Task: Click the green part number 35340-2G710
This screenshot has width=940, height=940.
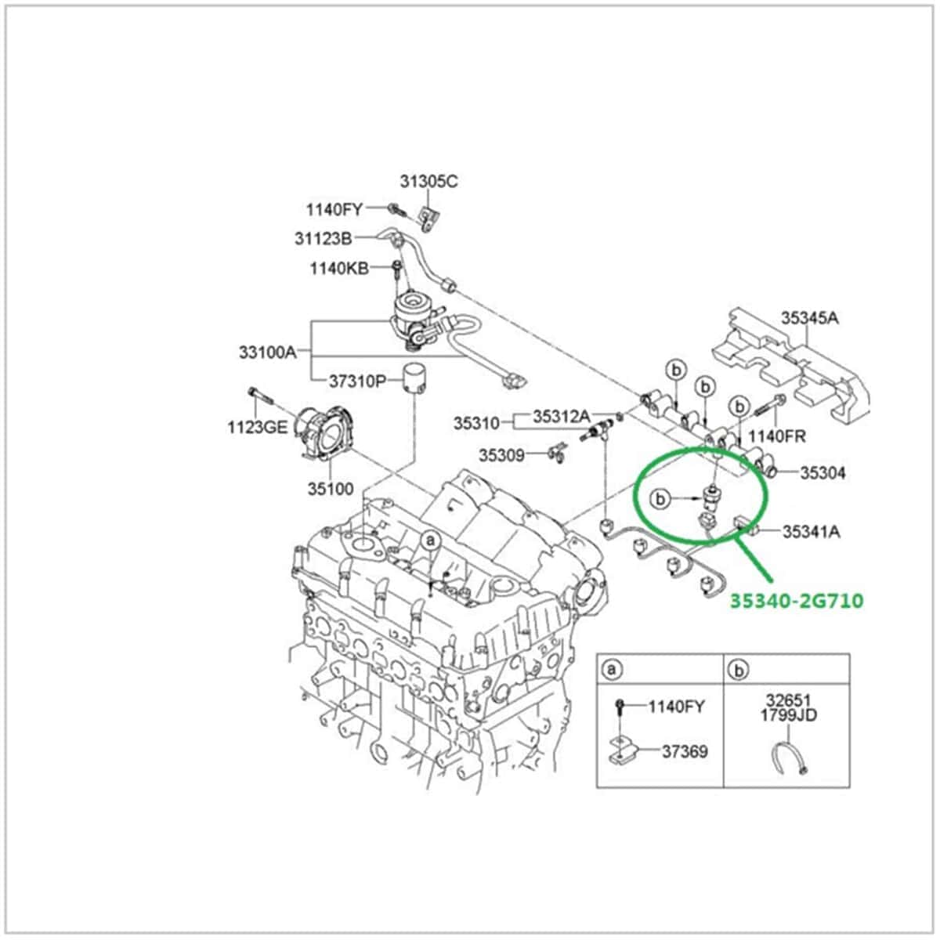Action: click(x=797, y=601)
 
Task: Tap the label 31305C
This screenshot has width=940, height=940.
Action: click(x=428, y=181)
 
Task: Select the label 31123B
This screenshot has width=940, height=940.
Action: click(x=324, y=238)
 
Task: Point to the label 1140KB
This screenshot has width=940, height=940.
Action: click(x=338, y=269)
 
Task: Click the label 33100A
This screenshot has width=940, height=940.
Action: click(x=267, y=352)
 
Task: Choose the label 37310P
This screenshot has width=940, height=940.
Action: click(x=357, y=381)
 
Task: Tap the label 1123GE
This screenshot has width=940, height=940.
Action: click(x=258, y=427)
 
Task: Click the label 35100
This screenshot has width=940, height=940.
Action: click(x=330, y=489)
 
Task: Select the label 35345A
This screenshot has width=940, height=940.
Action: click(x=809, y=317)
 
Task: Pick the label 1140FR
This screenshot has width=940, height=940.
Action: click(x=776, y=436)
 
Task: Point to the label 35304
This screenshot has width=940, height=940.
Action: click(x=823, y=473)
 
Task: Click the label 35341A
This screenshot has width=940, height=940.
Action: click(x=812, y=532)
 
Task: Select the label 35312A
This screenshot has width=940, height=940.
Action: click(x=562, y=417)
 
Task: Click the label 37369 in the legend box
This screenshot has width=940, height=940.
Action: click(x=685, y=751)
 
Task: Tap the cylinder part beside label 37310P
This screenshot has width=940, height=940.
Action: click(x=414, y=380)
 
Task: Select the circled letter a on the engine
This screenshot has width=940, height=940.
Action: click(x=430, y=540)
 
